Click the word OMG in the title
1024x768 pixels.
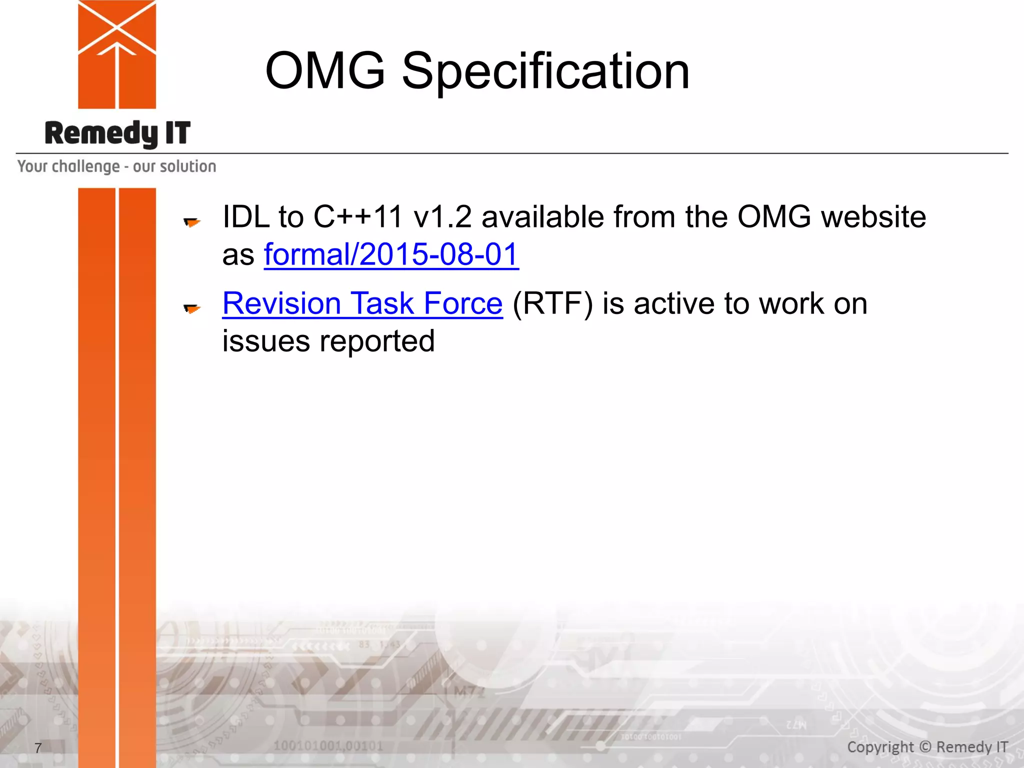point(325,71)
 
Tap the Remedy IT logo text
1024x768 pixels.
point(117,133)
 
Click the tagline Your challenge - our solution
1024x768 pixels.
point(116,166)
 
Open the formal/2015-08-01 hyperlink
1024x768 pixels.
point(391,254)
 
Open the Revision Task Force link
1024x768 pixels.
point(362,303)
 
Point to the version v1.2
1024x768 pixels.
point(442,217)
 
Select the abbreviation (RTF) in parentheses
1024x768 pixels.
point(552,303)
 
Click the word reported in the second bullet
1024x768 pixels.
point(377,341)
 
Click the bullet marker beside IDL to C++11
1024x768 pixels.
point(191,221)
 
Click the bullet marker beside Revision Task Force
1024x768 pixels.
point(191,308)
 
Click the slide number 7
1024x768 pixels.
point(38,748)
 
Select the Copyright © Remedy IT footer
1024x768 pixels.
point(927,747)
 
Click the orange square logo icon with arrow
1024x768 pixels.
point(117,54)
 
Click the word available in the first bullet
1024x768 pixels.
point(542,217)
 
